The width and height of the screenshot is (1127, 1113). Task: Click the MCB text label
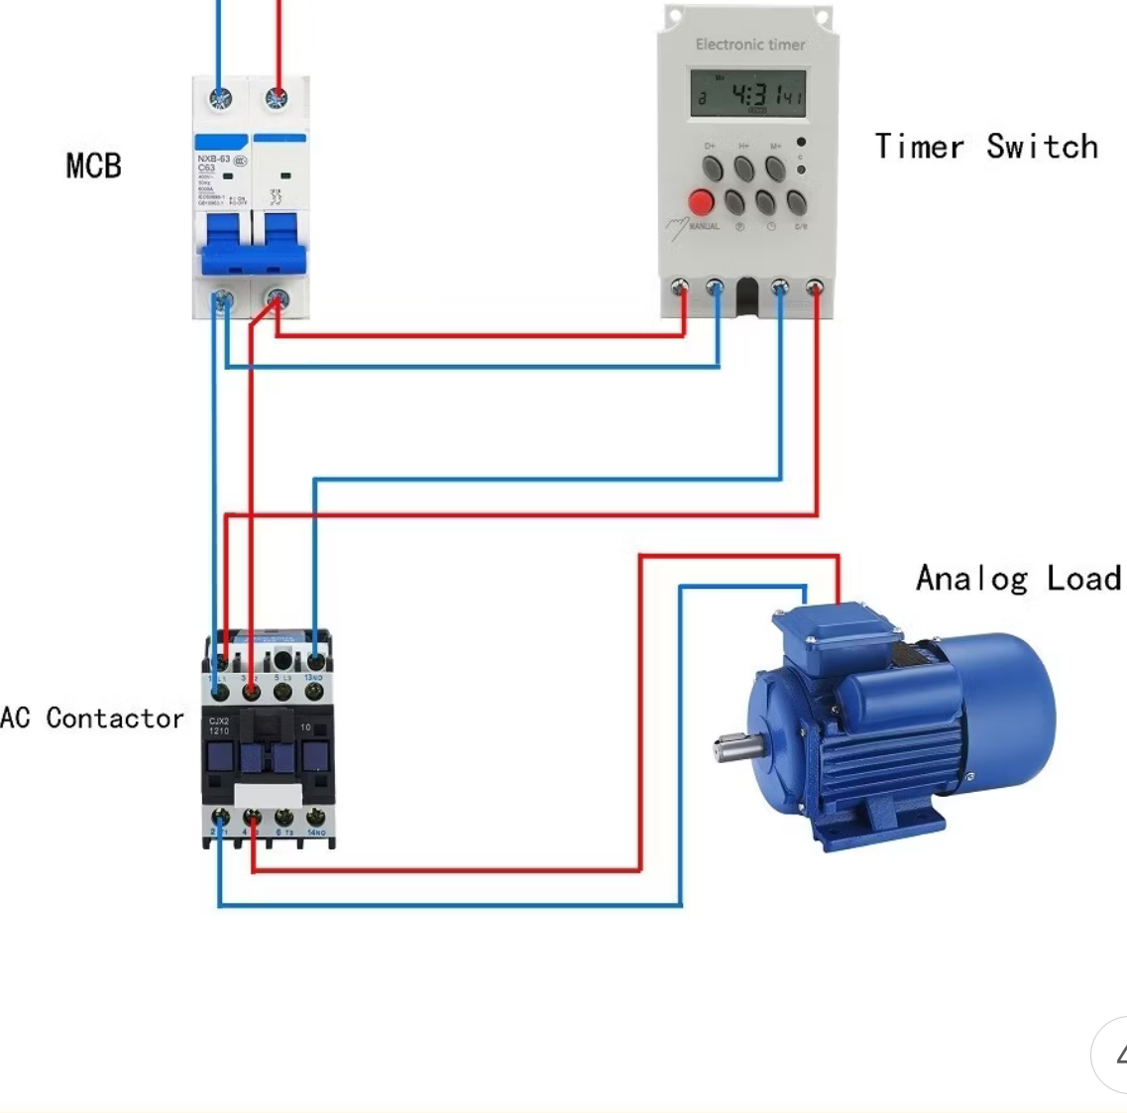click(x=94, y=166)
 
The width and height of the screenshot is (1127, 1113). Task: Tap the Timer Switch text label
click(x=986, y=147)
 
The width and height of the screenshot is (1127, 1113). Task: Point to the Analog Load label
click(x=1018, y=578)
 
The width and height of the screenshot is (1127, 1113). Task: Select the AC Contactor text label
click(x=91, y=718)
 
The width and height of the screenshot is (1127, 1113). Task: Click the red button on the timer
click(x=701, y=202)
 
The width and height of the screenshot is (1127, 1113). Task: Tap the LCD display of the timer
click(x=748, y=94)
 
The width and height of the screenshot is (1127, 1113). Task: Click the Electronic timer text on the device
click(x=749, y=45)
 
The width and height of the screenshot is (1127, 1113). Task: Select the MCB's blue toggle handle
click(x=252, y=245)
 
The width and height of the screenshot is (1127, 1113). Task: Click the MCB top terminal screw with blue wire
click(x=220, y=98)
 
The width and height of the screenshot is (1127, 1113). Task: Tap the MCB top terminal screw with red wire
click(x=277, y=98)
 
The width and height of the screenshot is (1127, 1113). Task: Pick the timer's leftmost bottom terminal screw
click(x=680, y=288)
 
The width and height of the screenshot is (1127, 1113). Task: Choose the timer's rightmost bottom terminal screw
click(x=815, y=288)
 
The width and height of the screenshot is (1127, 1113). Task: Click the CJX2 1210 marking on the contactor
click(x=219, y=725)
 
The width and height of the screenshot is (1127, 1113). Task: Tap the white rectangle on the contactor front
click(x=268, y=795)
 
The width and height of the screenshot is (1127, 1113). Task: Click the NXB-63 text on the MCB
click(x=213, y=159)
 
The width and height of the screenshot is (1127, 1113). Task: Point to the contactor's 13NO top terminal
click(x=315, y=660)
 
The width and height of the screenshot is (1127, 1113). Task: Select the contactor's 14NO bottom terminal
click(x=315, y=818)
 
